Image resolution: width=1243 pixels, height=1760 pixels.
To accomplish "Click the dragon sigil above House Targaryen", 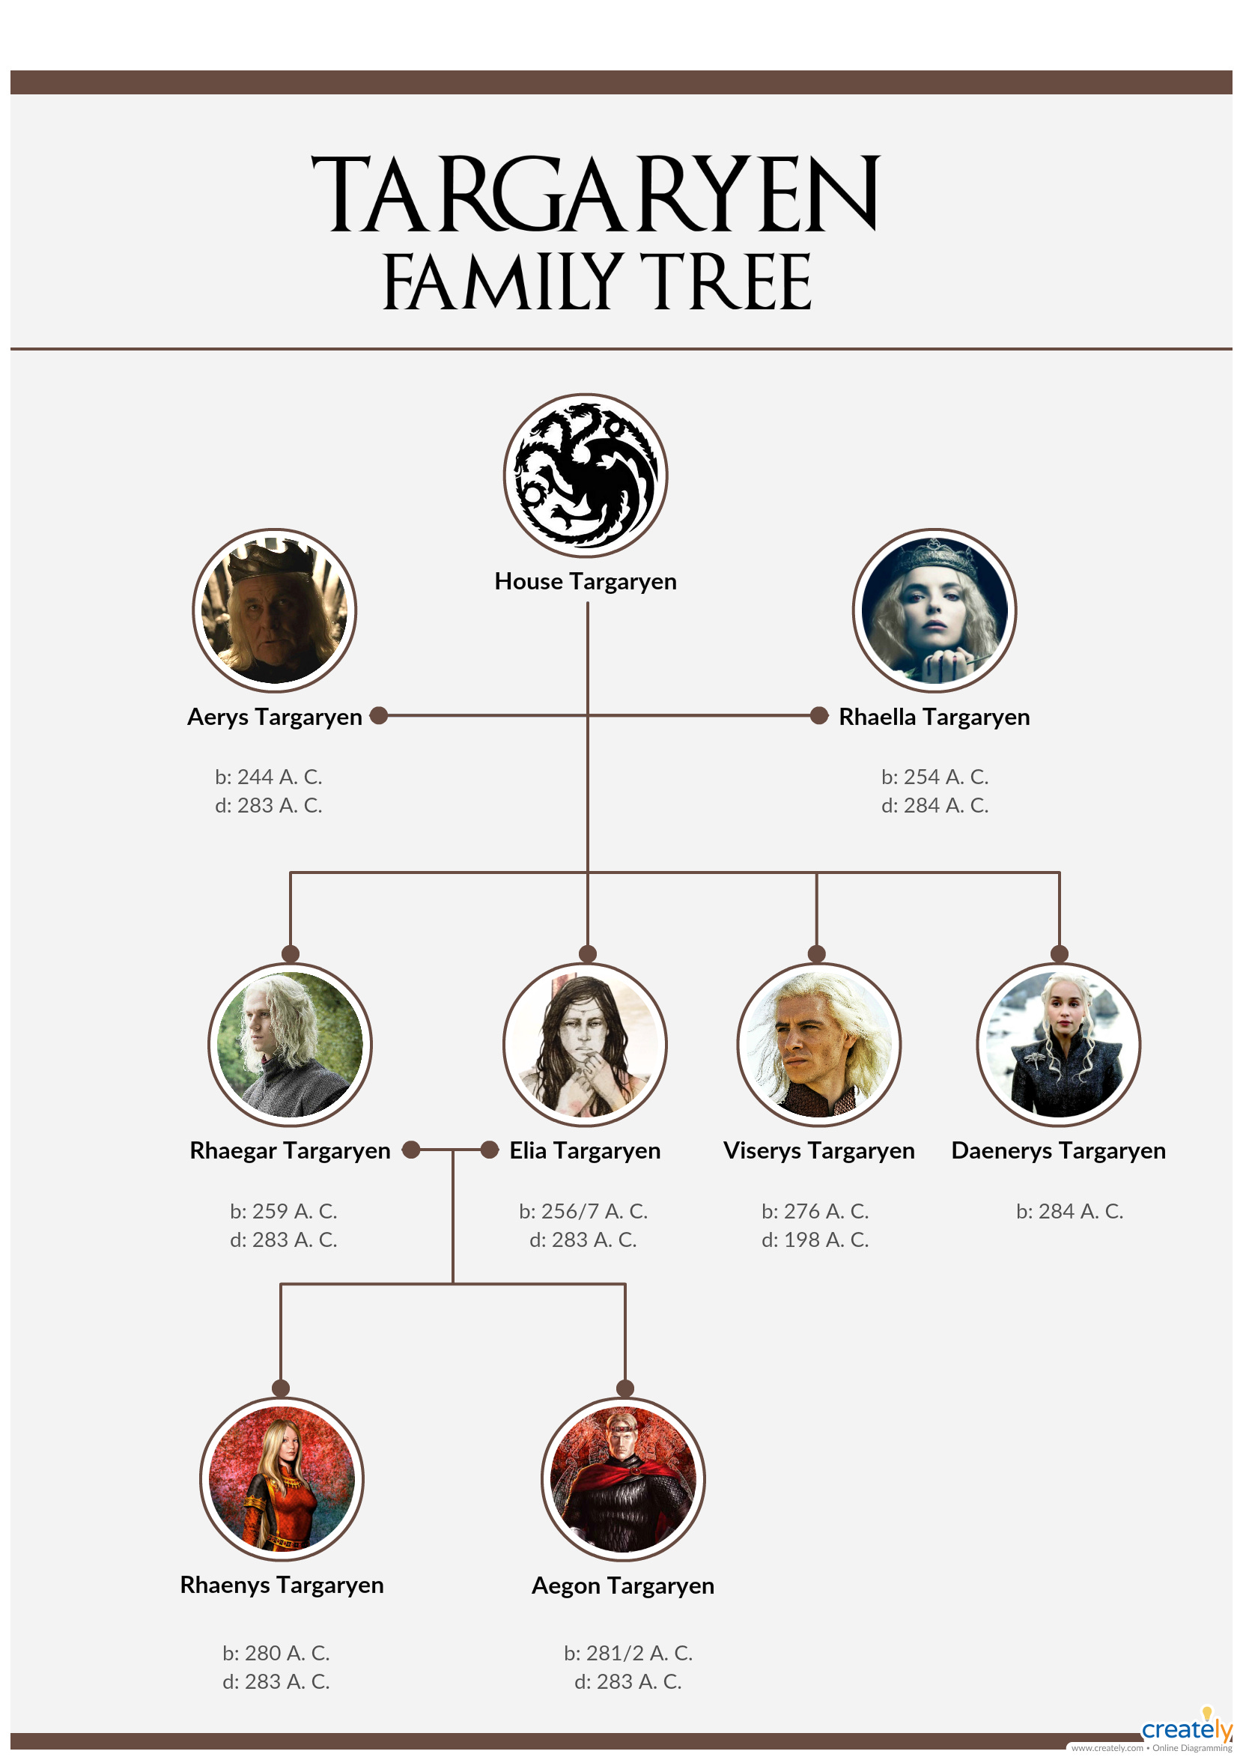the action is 586,476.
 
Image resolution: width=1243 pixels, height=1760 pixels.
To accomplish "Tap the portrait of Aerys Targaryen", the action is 274,610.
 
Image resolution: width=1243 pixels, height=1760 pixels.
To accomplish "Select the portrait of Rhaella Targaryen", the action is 934,610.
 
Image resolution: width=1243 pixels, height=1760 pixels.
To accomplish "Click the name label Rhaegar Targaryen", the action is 290,1150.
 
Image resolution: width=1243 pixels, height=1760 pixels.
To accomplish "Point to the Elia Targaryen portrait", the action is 585,1044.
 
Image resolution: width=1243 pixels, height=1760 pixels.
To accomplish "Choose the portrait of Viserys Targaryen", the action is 818,1044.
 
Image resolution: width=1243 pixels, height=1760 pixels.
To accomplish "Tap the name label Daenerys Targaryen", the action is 1058,1150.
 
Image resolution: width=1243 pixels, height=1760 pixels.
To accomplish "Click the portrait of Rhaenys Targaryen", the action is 282,1478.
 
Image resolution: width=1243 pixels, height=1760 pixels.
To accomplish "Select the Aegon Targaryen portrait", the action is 623,1478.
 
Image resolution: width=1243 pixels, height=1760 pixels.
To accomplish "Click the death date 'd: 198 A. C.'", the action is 815,1239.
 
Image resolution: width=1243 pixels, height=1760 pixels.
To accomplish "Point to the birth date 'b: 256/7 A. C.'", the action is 583,1211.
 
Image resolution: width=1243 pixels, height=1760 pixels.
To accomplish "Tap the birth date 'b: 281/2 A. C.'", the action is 628,1654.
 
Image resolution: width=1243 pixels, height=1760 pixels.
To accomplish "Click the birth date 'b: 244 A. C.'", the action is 268,777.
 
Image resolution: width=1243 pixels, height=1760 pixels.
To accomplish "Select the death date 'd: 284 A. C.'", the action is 934,805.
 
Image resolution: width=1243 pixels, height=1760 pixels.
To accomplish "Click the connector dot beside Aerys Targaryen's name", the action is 379,715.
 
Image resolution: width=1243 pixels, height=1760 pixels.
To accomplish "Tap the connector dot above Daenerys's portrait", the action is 1059,953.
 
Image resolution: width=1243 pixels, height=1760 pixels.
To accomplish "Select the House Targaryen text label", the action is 586,581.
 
